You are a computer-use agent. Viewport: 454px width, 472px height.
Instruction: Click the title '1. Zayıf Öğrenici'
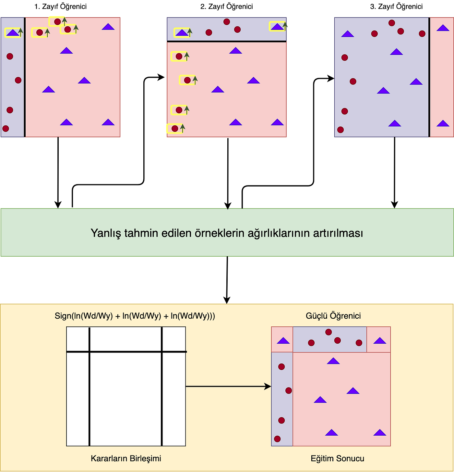click(60, 6)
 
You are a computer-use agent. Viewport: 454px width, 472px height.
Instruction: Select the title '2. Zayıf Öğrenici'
click(226, 6)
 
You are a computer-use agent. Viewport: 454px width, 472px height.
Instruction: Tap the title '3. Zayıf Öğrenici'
click(396, 6)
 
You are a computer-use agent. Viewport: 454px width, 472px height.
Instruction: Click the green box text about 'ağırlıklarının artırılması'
click(227, 233)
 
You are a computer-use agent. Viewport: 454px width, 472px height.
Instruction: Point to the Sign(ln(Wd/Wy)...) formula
click(135, 316)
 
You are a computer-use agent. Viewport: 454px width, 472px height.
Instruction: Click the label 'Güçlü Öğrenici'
click(333, 316)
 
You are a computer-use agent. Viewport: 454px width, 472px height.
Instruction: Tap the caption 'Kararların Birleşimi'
click(126, 458)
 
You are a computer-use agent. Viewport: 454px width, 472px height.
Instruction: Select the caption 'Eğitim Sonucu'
click(337, 458)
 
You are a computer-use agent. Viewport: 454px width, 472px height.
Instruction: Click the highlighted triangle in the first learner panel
click(13, 33)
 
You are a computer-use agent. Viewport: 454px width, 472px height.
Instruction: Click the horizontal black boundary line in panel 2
click(227, 41)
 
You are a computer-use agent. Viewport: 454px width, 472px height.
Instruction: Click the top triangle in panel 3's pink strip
click(443, 28)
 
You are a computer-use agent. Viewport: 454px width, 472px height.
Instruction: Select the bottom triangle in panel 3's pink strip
click(443, 123)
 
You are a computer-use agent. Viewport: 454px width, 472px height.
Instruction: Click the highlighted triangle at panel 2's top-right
click(277, 27)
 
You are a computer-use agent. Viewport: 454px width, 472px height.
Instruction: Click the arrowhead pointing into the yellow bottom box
click(227, 300)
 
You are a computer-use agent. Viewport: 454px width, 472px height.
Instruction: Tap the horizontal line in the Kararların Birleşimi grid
click(126, 351)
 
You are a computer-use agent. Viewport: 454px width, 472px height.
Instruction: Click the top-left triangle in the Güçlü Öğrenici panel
click(283, 341)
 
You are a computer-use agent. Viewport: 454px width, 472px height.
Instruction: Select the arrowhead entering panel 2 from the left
click(161, 77)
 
